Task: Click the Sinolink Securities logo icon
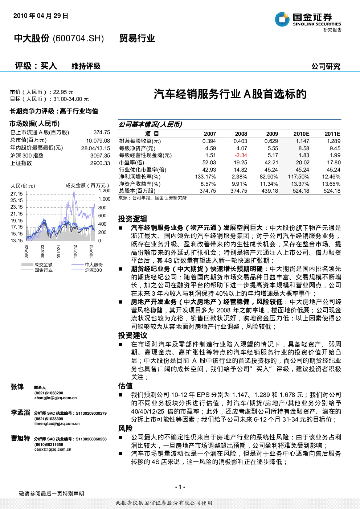282,19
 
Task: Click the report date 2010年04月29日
41,16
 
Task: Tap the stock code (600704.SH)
78,38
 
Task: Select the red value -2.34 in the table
241,155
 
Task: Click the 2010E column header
301,134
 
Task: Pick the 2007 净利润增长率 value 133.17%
205,177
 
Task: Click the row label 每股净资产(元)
137,148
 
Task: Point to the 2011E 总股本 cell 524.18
332,190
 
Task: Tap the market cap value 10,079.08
98,141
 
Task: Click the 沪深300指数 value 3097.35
100,155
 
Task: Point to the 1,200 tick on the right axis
104,190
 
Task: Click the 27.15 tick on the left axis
17,194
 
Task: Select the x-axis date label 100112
75,251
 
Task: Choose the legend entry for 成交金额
37,264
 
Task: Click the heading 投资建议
132,335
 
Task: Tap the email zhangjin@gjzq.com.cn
56,398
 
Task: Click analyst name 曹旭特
20,438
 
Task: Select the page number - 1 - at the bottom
180,487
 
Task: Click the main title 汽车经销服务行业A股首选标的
230,94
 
